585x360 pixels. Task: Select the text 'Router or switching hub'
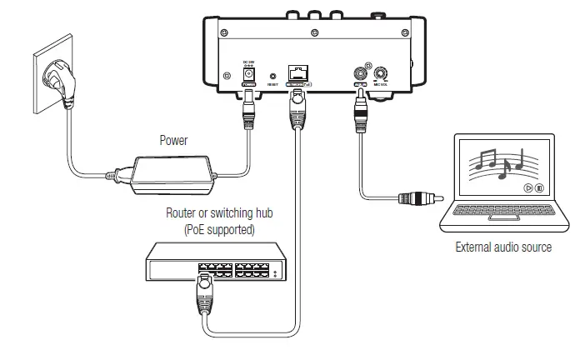click(220, 213)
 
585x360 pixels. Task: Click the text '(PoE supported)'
click(220, 227)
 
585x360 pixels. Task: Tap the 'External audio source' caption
click(503, 247)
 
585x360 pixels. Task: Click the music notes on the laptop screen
click(498, 160)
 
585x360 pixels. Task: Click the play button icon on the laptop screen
click(527, 188)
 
